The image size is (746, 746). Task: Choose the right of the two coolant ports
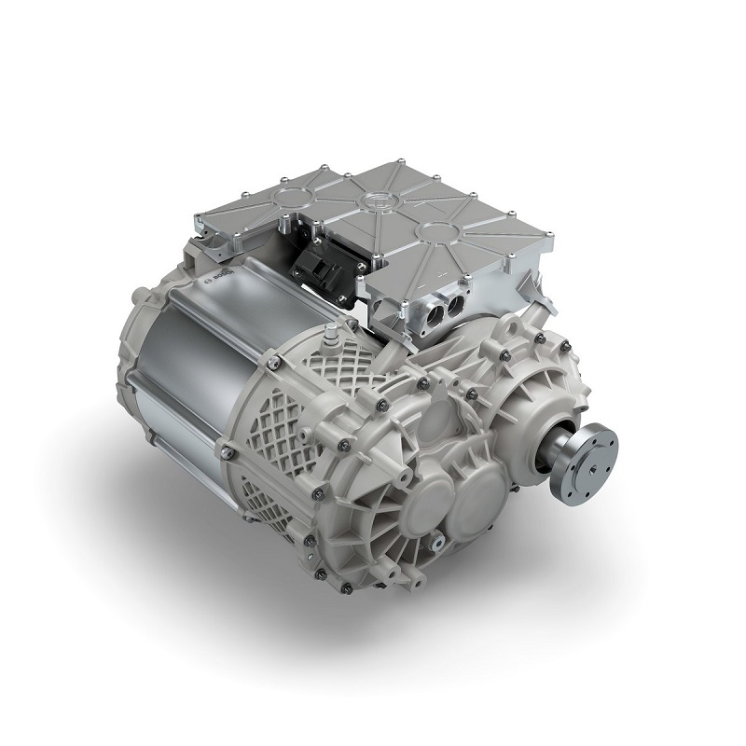[x=457, y=308]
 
